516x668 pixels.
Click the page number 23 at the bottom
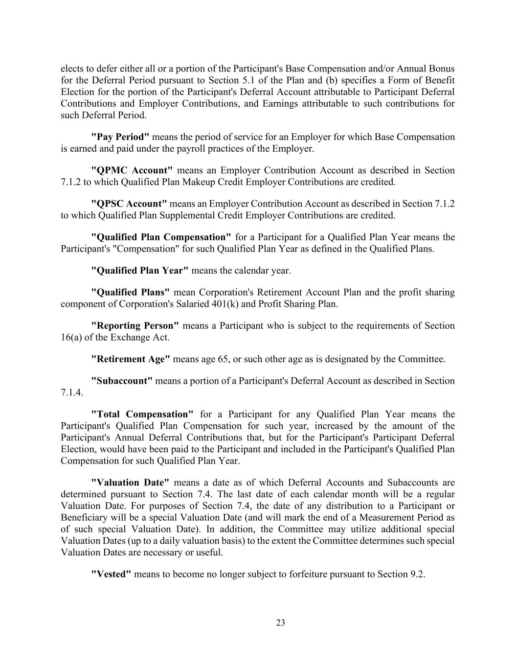pos(280,623)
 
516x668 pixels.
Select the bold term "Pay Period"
pos(120,137)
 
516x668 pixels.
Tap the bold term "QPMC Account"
pos(132,170)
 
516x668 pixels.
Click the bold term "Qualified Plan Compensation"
pos(161,237)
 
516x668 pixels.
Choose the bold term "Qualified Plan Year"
pos(140,271)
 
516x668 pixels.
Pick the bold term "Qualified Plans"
pos(131,293)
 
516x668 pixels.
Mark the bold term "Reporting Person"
pos(135,326)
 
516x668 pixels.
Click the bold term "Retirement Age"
pos(131,359)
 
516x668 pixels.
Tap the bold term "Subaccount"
pos(122,381)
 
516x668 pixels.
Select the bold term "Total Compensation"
pos(142,415)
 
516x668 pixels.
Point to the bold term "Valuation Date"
pos(130,483)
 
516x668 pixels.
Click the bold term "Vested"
pos(111,575)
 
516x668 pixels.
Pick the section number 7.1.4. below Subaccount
pos(71,392)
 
